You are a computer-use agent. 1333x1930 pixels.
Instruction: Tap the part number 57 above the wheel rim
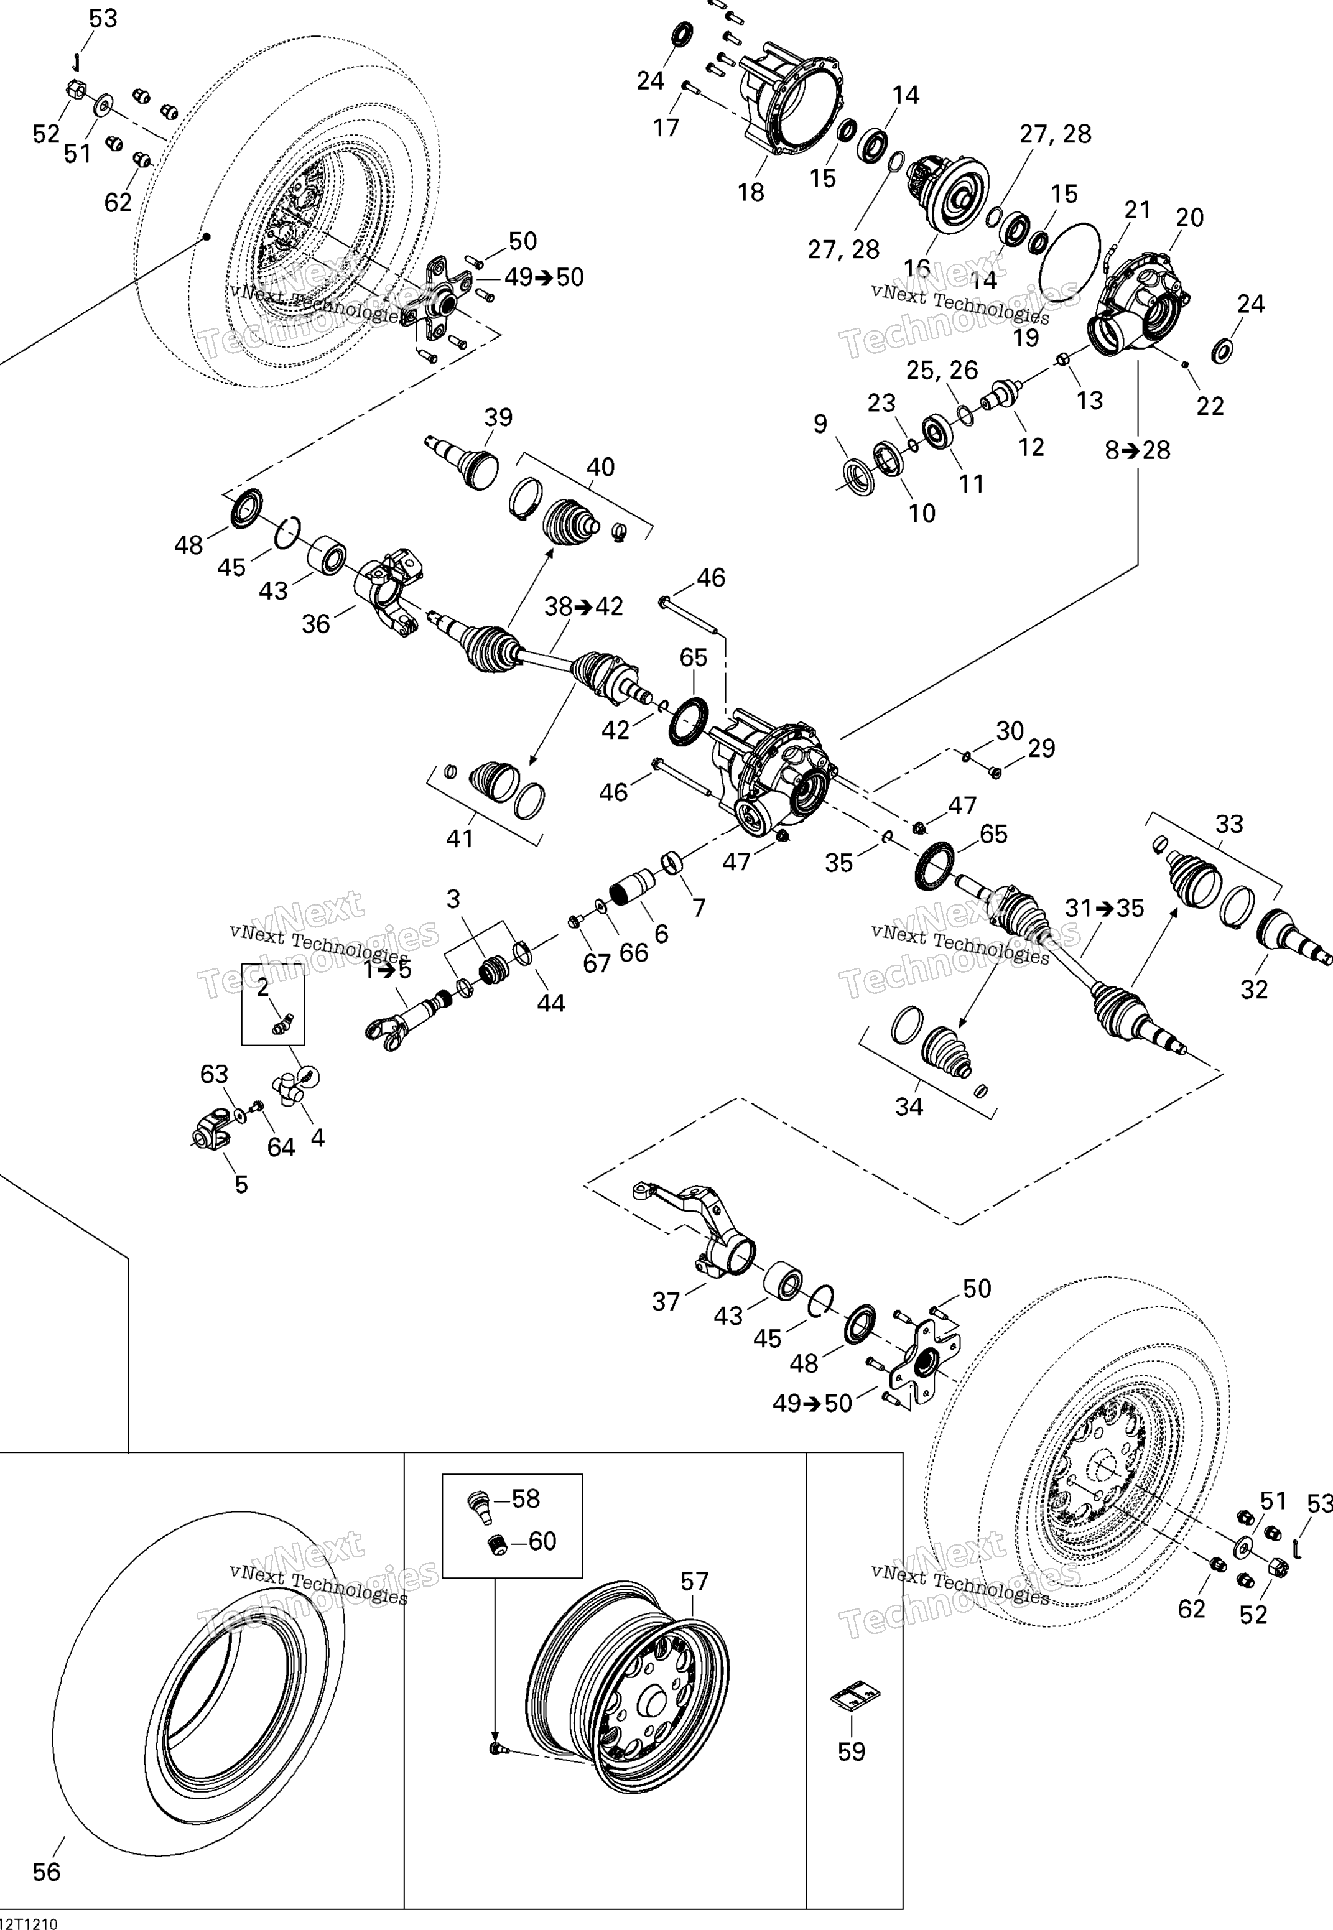point(694,1581)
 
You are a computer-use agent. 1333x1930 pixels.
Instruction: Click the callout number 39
point(499,417)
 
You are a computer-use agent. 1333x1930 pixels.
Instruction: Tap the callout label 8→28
point(1138,450)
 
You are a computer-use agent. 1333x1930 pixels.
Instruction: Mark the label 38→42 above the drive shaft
point(584,606)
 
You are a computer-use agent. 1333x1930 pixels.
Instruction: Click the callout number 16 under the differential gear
point(916,268)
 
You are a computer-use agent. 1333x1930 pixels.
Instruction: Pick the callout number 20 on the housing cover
point(1189,217)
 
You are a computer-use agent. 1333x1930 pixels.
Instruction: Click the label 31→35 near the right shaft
point(1104,908)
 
